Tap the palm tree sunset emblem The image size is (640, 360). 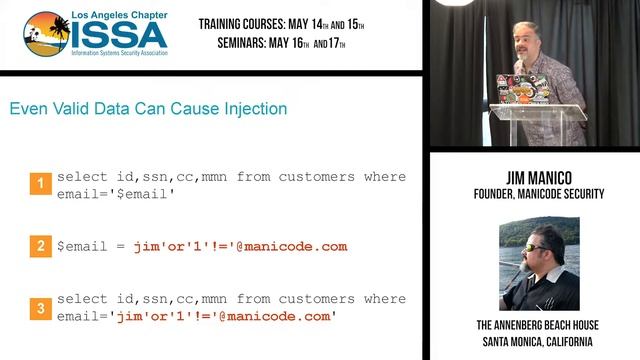(47, 36)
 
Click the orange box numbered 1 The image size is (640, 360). (40, 184)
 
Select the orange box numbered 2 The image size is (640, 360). (40, 246)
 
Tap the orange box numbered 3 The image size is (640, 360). (40, 308)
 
